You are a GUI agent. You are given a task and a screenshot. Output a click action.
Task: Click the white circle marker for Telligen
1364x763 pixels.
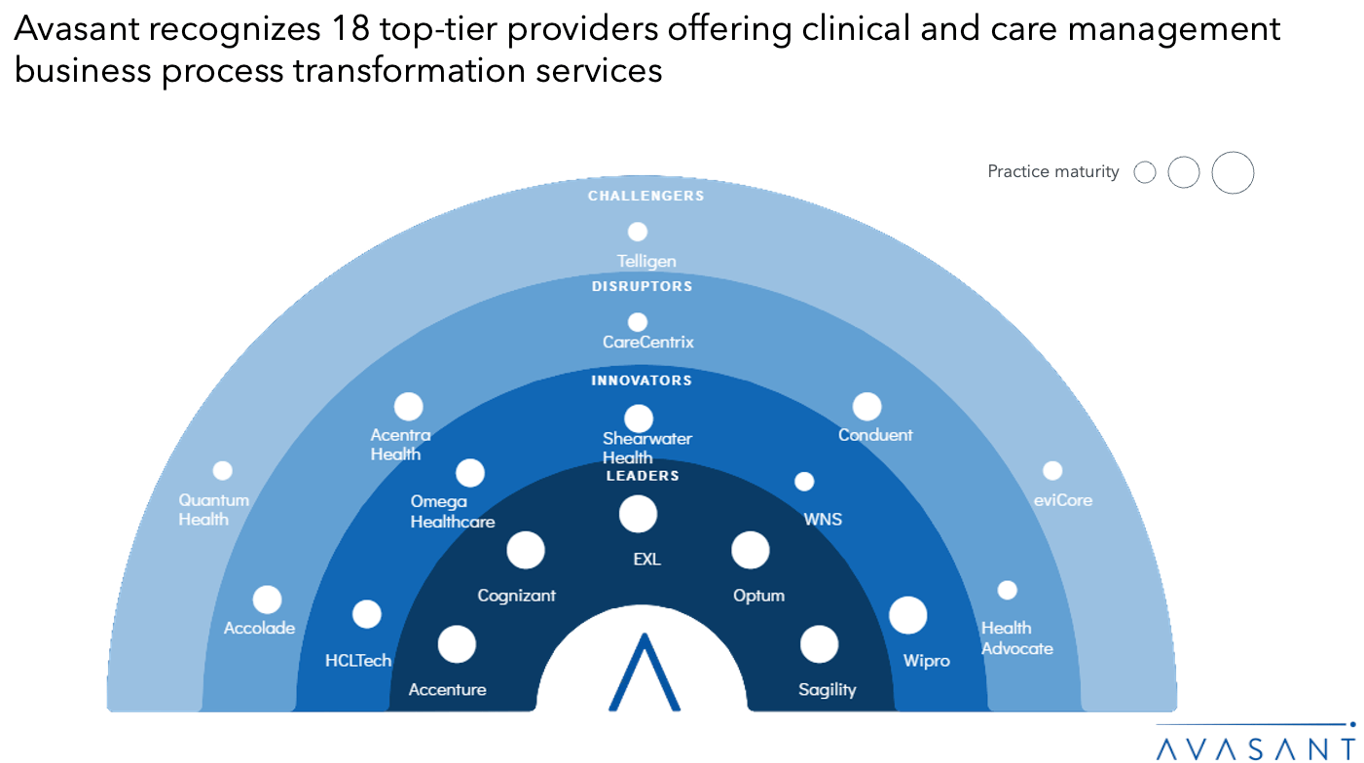coord(638,232)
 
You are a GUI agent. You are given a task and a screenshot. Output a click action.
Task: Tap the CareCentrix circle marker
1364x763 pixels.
coord(638,322)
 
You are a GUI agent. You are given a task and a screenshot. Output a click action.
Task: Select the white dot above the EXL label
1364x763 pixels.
coord(638,514)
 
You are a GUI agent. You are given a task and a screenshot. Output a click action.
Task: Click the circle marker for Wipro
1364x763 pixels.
coord(908,615)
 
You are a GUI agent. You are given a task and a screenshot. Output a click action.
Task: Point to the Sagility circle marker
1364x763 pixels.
coord(819,644)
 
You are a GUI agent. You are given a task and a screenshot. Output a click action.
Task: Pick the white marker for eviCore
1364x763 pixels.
coord(1052,471)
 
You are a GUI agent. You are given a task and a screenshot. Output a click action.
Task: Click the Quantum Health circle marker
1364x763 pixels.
coord(223,471)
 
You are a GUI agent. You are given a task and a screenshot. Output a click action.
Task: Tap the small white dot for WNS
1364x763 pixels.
coord(804,482)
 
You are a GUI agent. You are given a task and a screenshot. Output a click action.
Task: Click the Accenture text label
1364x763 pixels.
coord(447,690)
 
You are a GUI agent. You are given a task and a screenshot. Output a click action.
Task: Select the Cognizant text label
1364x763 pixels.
coord(516,596)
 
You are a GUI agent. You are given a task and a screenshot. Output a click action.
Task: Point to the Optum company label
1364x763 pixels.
coord(758,596)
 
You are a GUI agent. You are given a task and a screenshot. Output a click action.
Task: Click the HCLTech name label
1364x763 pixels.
coord(358,661)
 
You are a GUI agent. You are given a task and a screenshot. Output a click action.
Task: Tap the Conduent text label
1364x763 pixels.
coord(875,435)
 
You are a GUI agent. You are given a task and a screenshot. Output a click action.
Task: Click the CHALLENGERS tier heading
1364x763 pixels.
coord(645,196)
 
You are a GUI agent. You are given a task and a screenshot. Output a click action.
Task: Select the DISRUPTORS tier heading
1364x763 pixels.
coord(642,286)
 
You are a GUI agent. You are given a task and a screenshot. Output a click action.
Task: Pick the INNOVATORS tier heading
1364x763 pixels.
coord(642,381)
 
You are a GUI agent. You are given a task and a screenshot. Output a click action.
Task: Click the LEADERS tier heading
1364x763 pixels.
coord(642,476)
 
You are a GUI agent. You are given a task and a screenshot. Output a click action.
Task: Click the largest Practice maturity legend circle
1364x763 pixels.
coord(1233,173)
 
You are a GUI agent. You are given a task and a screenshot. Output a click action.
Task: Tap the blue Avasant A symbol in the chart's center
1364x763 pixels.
coord(644,672)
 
